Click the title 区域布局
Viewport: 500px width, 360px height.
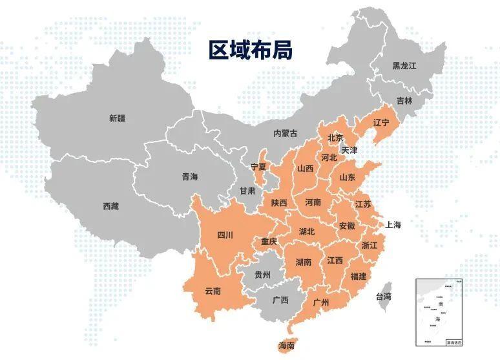[251, 49]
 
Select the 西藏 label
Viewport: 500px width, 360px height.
[110, 206]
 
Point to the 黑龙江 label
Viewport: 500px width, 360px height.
[405, 66]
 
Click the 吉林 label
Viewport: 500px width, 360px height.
[404, 101]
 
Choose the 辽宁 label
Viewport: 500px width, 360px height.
[381, 122]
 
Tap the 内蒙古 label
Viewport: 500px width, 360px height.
[286, 133]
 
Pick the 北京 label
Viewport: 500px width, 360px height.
[335, 138]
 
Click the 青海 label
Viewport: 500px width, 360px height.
[189, 176]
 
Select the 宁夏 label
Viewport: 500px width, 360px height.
[259, 167]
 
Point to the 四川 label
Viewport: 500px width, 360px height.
[225, 234]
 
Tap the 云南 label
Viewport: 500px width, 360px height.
[213, 291]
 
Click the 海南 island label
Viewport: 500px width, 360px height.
[286, 346]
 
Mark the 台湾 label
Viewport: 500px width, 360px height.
[384, 297]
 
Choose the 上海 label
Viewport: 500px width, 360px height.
[393, 225]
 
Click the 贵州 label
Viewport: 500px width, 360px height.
[262, 274]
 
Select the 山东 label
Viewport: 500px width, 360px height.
[347, 176]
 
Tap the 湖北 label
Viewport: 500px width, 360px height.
[307, 231]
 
